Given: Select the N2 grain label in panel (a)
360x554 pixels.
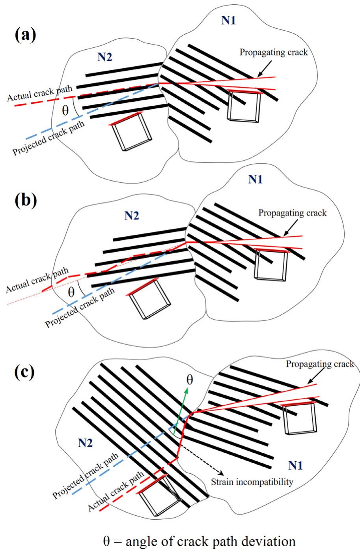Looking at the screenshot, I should click(104, 57).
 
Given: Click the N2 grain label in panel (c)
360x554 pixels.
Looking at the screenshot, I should click(85, 443).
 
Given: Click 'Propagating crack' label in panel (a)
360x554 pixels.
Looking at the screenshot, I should click(274, 52).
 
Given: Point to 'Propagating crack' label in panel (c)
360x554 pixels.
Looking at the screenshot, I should click(320, 364).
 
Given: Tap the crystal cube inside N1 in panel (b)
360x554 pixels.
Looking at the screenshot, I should click(271, 265).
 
